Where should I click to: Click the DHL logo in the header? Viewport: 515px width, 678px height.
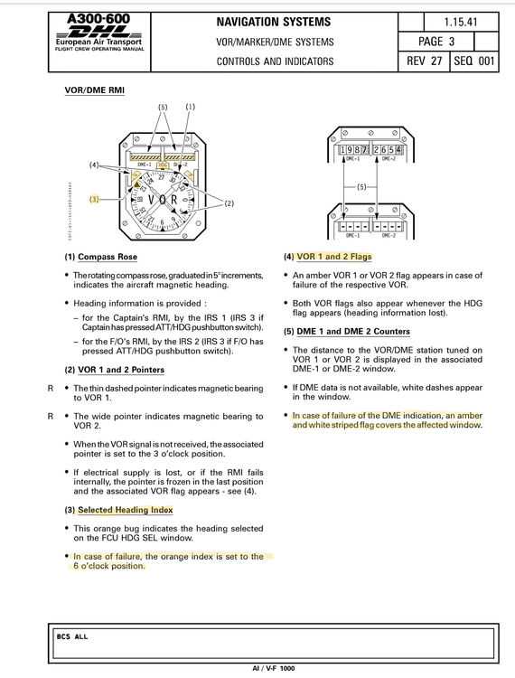[99, 32]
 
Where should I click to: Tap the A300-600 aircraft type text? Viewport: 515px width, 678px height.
[98, 19]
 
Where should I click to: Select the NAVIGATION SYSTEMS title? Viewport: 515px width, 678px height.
[274, 22]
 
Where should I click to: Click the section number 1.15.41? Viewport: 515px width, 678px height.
[461, 22]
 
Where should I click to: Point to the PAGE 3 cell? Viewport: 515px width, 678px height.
[436, 42]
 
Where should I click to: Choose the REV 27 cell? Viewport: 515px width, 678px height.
[425, 61]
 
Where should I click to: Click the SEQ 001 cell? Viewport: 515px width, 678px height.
[474, 61]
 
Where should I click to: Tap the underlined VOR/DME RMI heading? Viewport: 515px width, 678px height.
[95, 90]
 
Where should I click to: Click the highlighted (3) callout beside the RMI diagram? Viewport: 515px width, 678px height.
[94, 200]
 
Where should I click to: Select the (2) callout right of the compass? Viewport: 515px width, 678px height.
[229, 202]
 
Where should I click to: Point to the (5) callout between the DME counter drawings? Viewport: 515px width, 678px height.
[361, 187]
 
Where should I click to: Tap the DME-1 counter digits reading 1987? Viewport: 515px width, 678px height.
[354, 150]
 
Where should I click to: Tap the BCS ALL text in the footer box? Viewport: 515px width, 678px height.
[72, 636]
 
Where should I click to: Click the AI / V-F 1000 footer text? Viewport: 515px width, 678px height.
[274, 668]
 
